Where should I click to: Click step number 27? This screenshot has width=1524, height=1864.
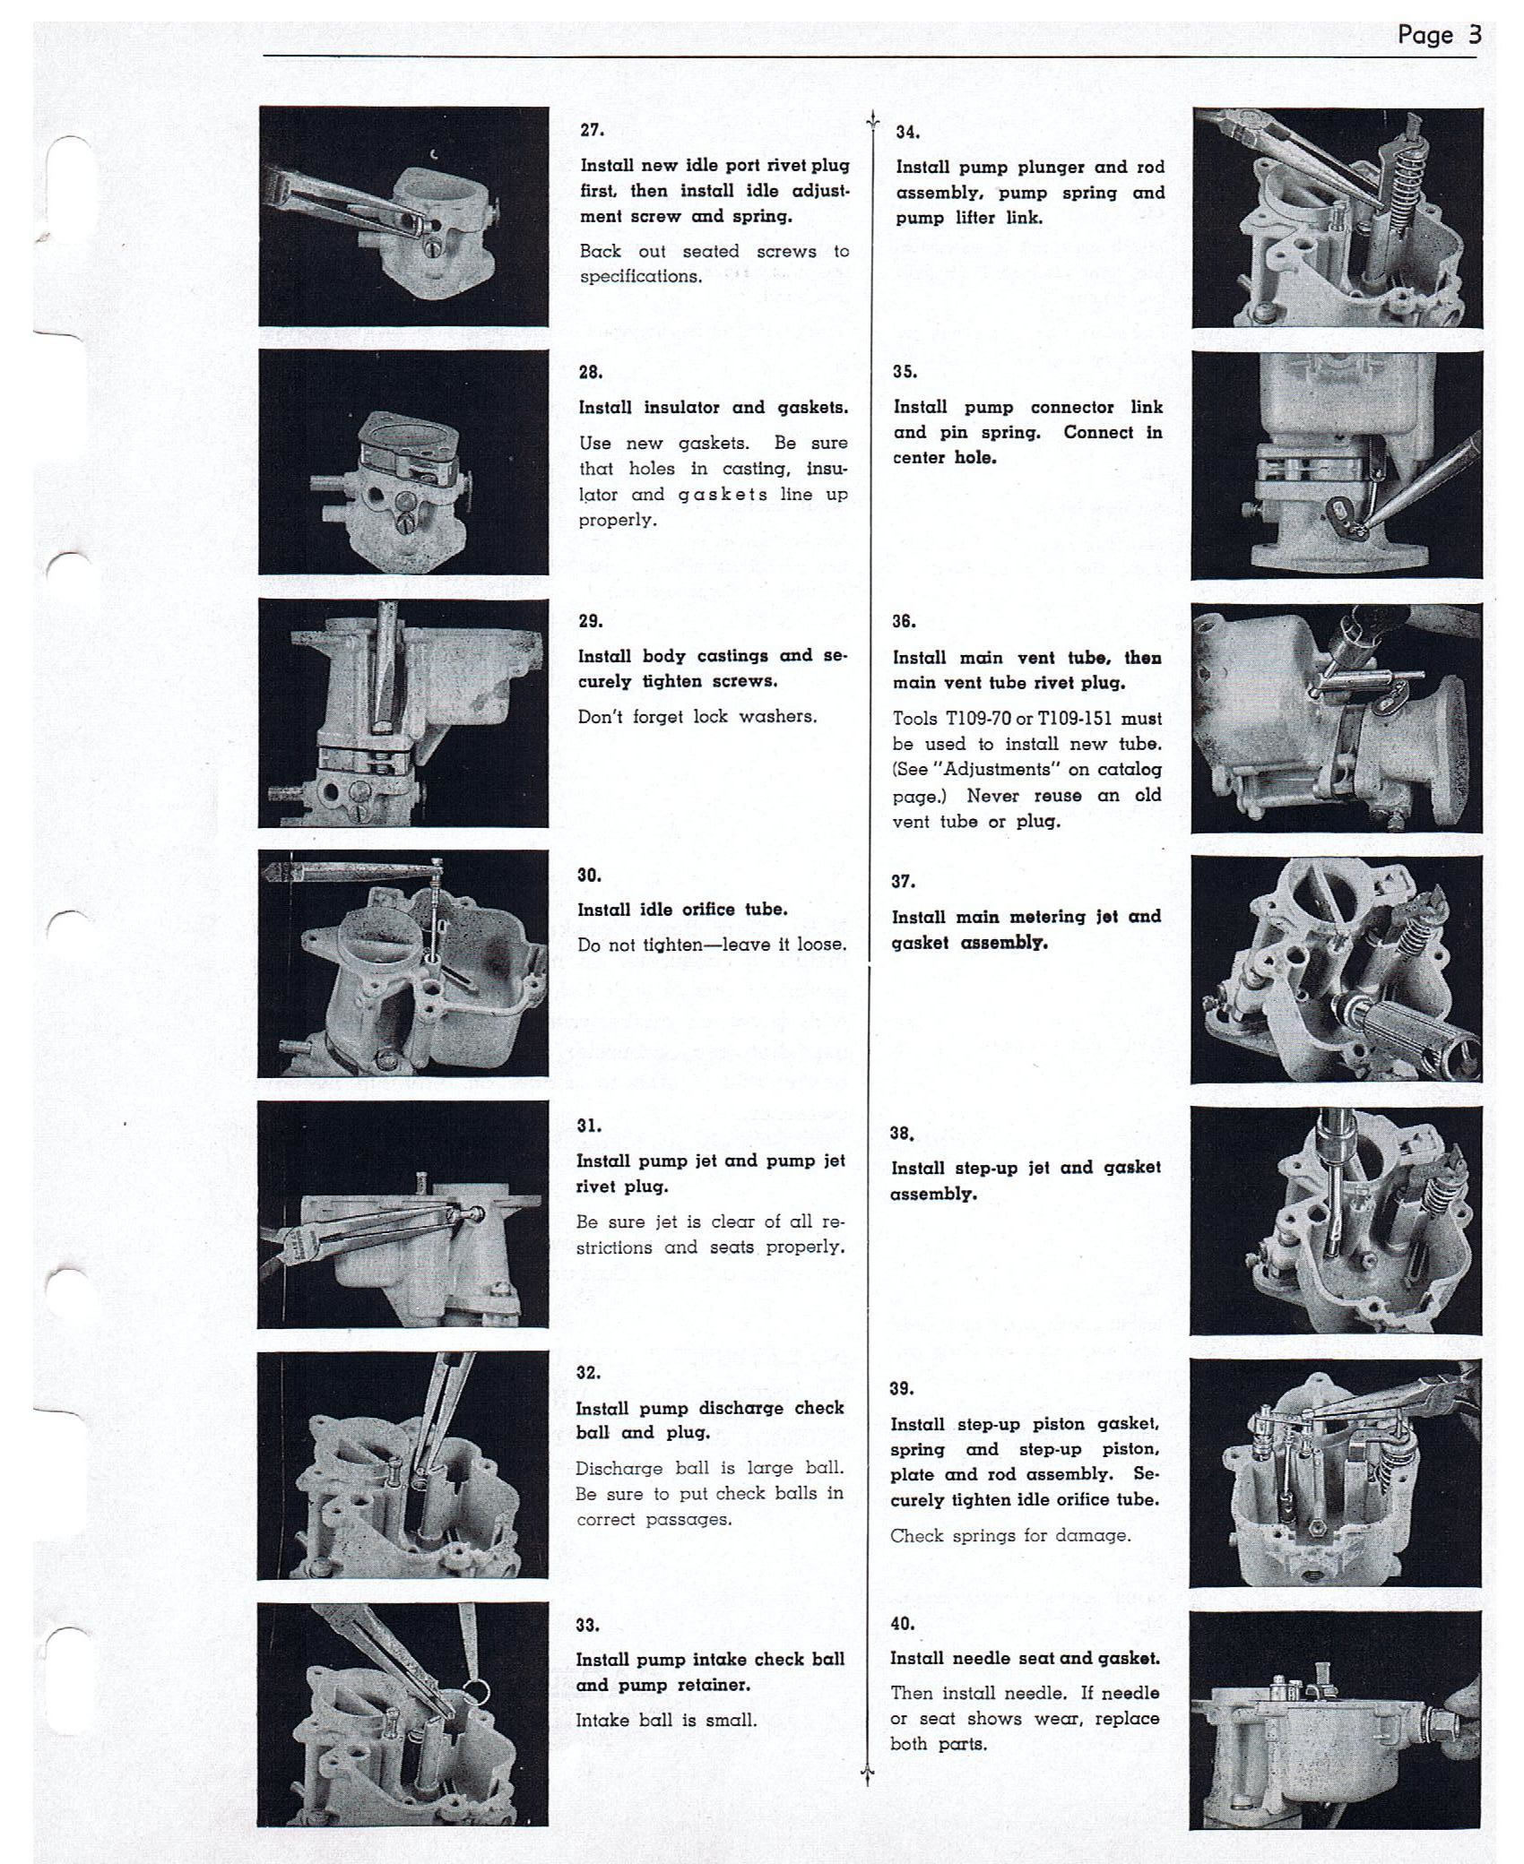pyautogui.click(x=592, y=130)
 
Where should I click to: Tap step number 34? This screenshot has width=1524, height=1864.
pyautogui.click(x=907, y=133)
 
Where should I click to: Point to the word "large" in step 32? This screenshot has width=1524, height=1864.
pyautogui.click(x=787, y=1469)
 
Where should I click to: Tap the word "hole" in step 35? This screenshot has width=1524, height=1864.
pyautogui.click(x=974, y=458)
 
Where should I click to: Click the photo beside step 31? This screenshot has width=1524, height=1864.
pyautogui.click(x=403, y=1214)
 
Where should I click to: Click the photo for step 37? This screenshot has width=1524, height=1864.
pyautogui.click(x=1337, y=970)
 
